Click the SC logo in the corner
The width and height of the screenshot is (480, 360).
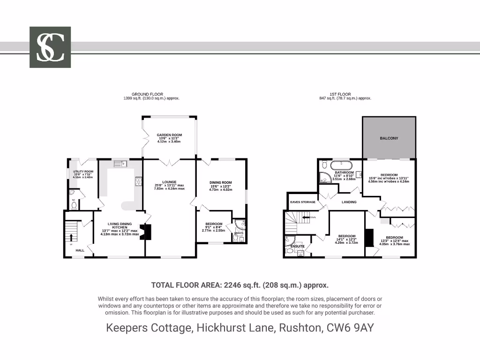[x=50, y=47]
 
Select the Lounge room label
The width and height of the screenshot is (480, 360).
[x=169, y=182]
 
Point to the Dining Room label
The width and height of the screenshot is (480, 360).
[x=220, y=183]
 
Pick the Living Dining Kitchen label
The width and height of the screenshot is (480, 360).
[x=120, y=224]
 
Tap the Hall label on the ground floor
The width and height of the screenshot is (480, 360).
[x=80, y=250]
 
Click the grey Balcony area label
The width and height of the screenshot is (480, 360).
[x=389, y=138]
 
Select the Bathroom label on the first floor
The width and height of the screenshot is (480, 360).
[x=344, y=172]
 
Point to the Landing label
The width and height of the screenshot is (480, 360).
[x=349, y=202]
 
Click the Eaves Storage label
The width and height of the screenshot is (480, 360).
[x=303, y=202]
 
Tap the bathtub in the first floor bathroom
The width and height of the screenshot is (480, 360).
[x=342, y=165]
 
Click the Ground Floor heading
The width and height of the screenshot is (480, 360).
[x=147, y=94]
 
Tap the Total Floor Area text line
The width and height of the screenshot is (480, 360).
[x=240, y=285]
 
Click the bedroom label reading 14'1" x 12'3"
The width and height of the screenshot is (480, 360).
[x=347, y=236]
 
